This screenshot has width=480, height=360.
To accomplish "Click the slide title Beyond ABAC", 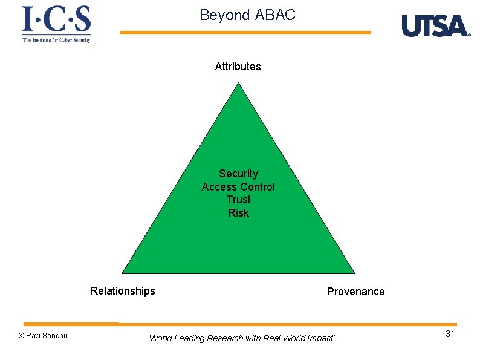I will (247, 15).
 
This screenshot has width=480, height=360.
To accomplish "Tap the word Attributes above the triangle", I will (238, 67).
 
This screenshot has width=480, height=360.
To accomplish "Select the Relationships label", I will (122, 291).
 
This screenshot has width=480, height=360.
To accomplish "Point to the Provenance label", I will (355, 292).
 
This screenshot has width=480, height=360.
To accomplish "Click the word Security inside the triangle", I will (238, 174).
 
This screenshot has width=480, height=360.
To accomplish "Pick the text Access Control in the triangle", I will (238, 187).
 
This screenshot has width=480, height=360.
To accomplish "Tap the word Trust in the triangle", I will (238, 200).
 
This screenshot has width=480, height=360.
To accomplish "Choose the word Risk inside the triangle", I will (238, 213).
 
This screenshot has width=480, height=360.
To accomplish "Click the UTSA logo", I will (435, 26).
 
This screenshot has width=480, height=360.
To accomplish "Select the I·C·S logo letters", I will (56, 20).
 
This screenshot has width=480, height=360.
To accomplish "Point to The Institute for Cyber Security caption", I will (56, 40).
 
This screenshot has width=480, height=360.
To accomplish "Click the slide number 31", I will (450, 334).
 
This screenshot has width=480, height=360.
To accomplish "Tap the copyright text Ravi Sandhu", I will (43, 335).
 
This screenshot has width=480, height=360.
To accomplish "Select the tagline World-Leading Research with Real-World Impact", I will (241, 338).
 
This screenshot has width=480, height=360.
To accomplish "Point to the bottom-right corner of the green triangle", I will (354, 273).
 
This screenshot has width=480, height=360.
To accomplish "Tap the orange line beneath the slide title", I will (245, 33).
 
